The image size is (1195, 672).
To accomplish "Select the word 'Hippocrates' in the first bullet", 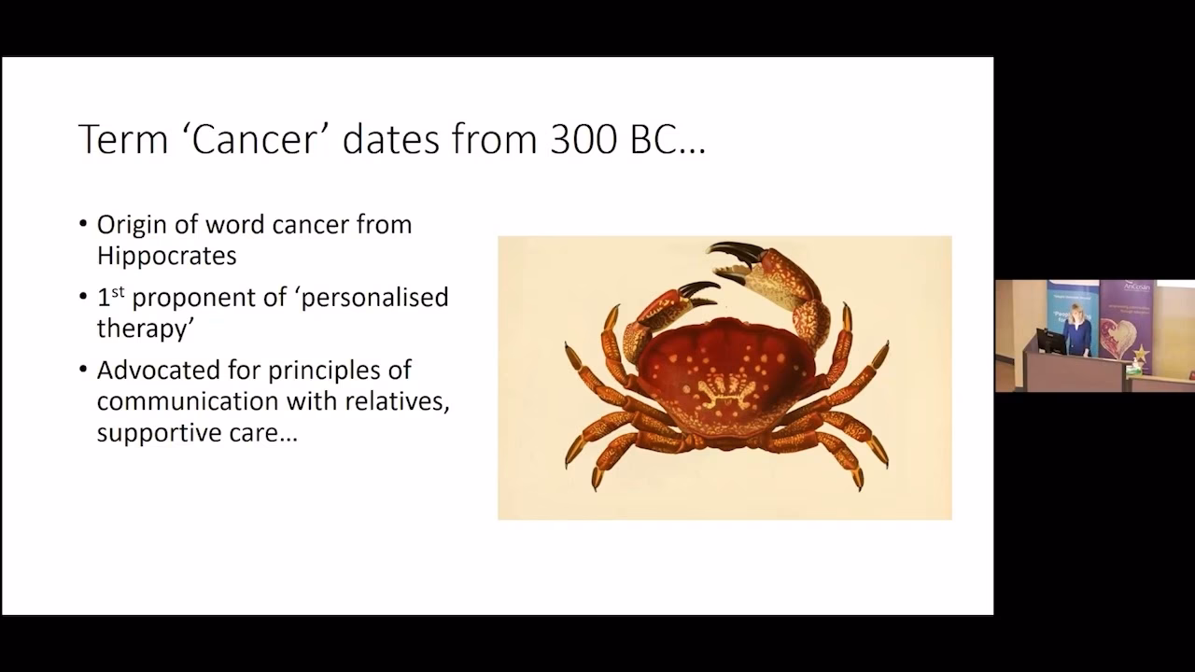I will [x=166, y=256].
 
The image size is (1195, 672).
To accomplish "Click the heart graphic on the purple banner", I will [x=1118, y=336].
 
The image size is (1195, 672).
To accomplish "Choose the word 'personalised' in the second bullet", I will [x=376, y=298].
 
